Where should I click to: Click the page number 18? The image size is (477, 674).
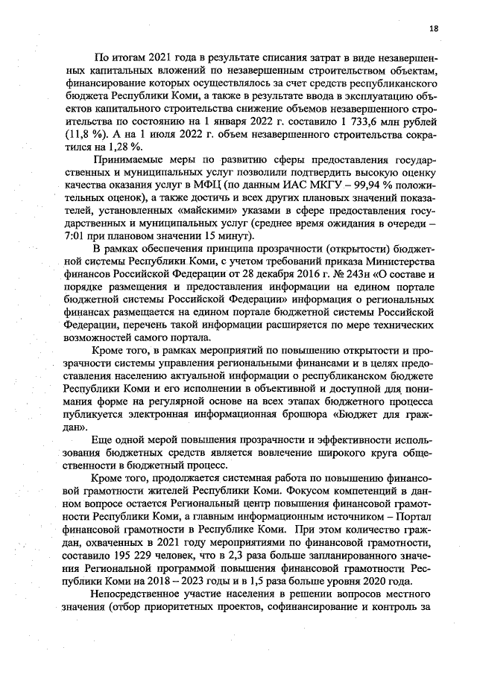(x=434, y=28)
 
